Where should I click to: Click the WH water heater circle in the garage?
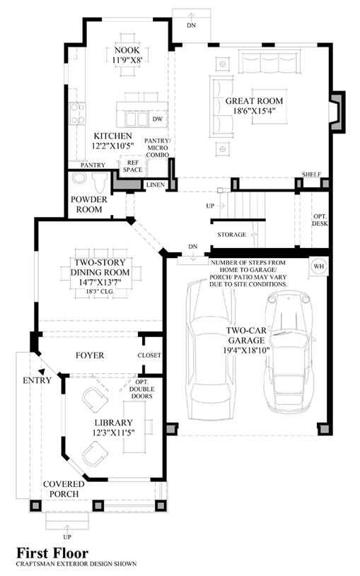(319, 266)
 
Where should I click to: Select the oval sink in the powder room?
(79, 178)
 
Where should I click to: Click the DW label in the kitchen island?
(158, 119)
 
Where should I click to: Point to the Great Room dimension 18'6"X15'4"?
(255, 110)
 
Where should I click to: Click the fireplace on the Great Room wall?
(337, 112)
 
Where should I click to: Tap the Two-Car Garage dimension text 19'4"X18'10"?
(246, 350)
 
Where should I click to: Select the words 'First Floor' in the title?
(52, 553)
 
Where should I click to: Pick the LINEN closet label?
(156, 184)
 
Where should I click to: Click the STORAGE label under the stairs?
(232, 235)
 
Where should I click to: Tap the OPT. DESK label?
(320, 220)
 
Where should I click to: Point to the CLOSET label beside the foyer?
(149, 355)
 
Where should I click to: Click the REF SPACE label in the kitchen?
(133, 166)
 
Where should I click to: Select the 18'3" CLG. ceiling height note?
(100, 292)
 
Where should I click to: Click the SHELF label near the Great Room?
(311, 174)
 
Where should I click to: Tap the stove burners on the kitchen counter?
(78, 114)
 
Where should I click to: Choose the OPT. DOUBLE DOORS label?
(142, 389)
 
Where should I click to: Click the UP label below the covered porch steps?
(67, 537)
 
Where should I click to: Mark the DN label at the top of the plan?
(191, 25)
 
